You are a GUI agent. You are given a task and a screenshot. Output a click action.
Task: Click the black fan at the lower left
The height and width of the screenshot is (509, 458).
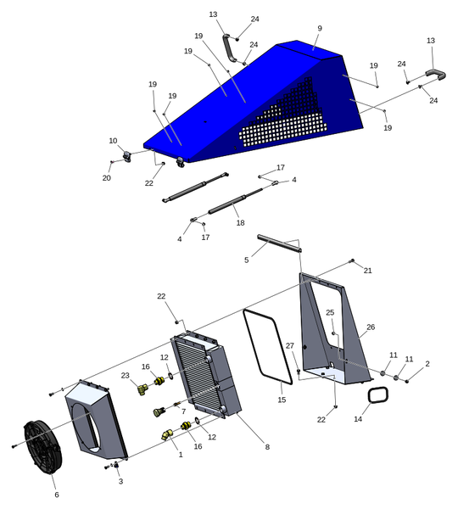point(43,448)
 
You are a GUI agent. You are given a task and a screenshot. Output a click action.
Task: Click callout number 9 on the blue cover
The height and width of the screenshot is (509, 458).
point(320,29)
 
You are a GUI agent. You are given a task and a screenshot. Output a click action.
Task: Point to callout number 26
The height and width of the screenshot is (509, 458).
point(371,327)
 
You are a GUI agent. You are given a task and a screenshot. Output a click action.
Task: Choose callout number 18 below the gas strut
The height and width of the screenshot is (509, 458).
point(240,223)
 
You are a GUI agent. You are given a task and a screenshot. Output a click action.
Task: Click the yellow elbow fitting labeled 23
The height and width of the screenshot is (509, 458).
point(142,389)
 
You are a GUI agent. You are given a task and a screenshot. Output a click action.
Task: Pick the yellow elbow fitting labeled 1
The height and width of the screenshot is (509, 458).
point(167,435)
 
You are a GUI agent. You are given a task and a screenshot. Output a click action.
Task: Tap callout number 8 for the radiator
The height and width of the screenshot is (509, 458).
point(267,447)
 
